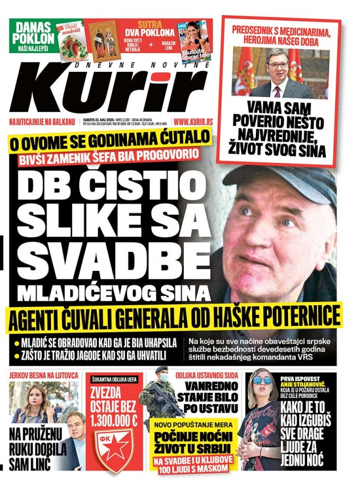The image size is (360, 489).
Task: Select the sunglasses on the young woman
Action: click(263, 381)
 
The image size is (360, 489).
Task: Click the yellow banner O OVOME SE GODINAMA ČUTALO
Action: click(109, 139)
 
